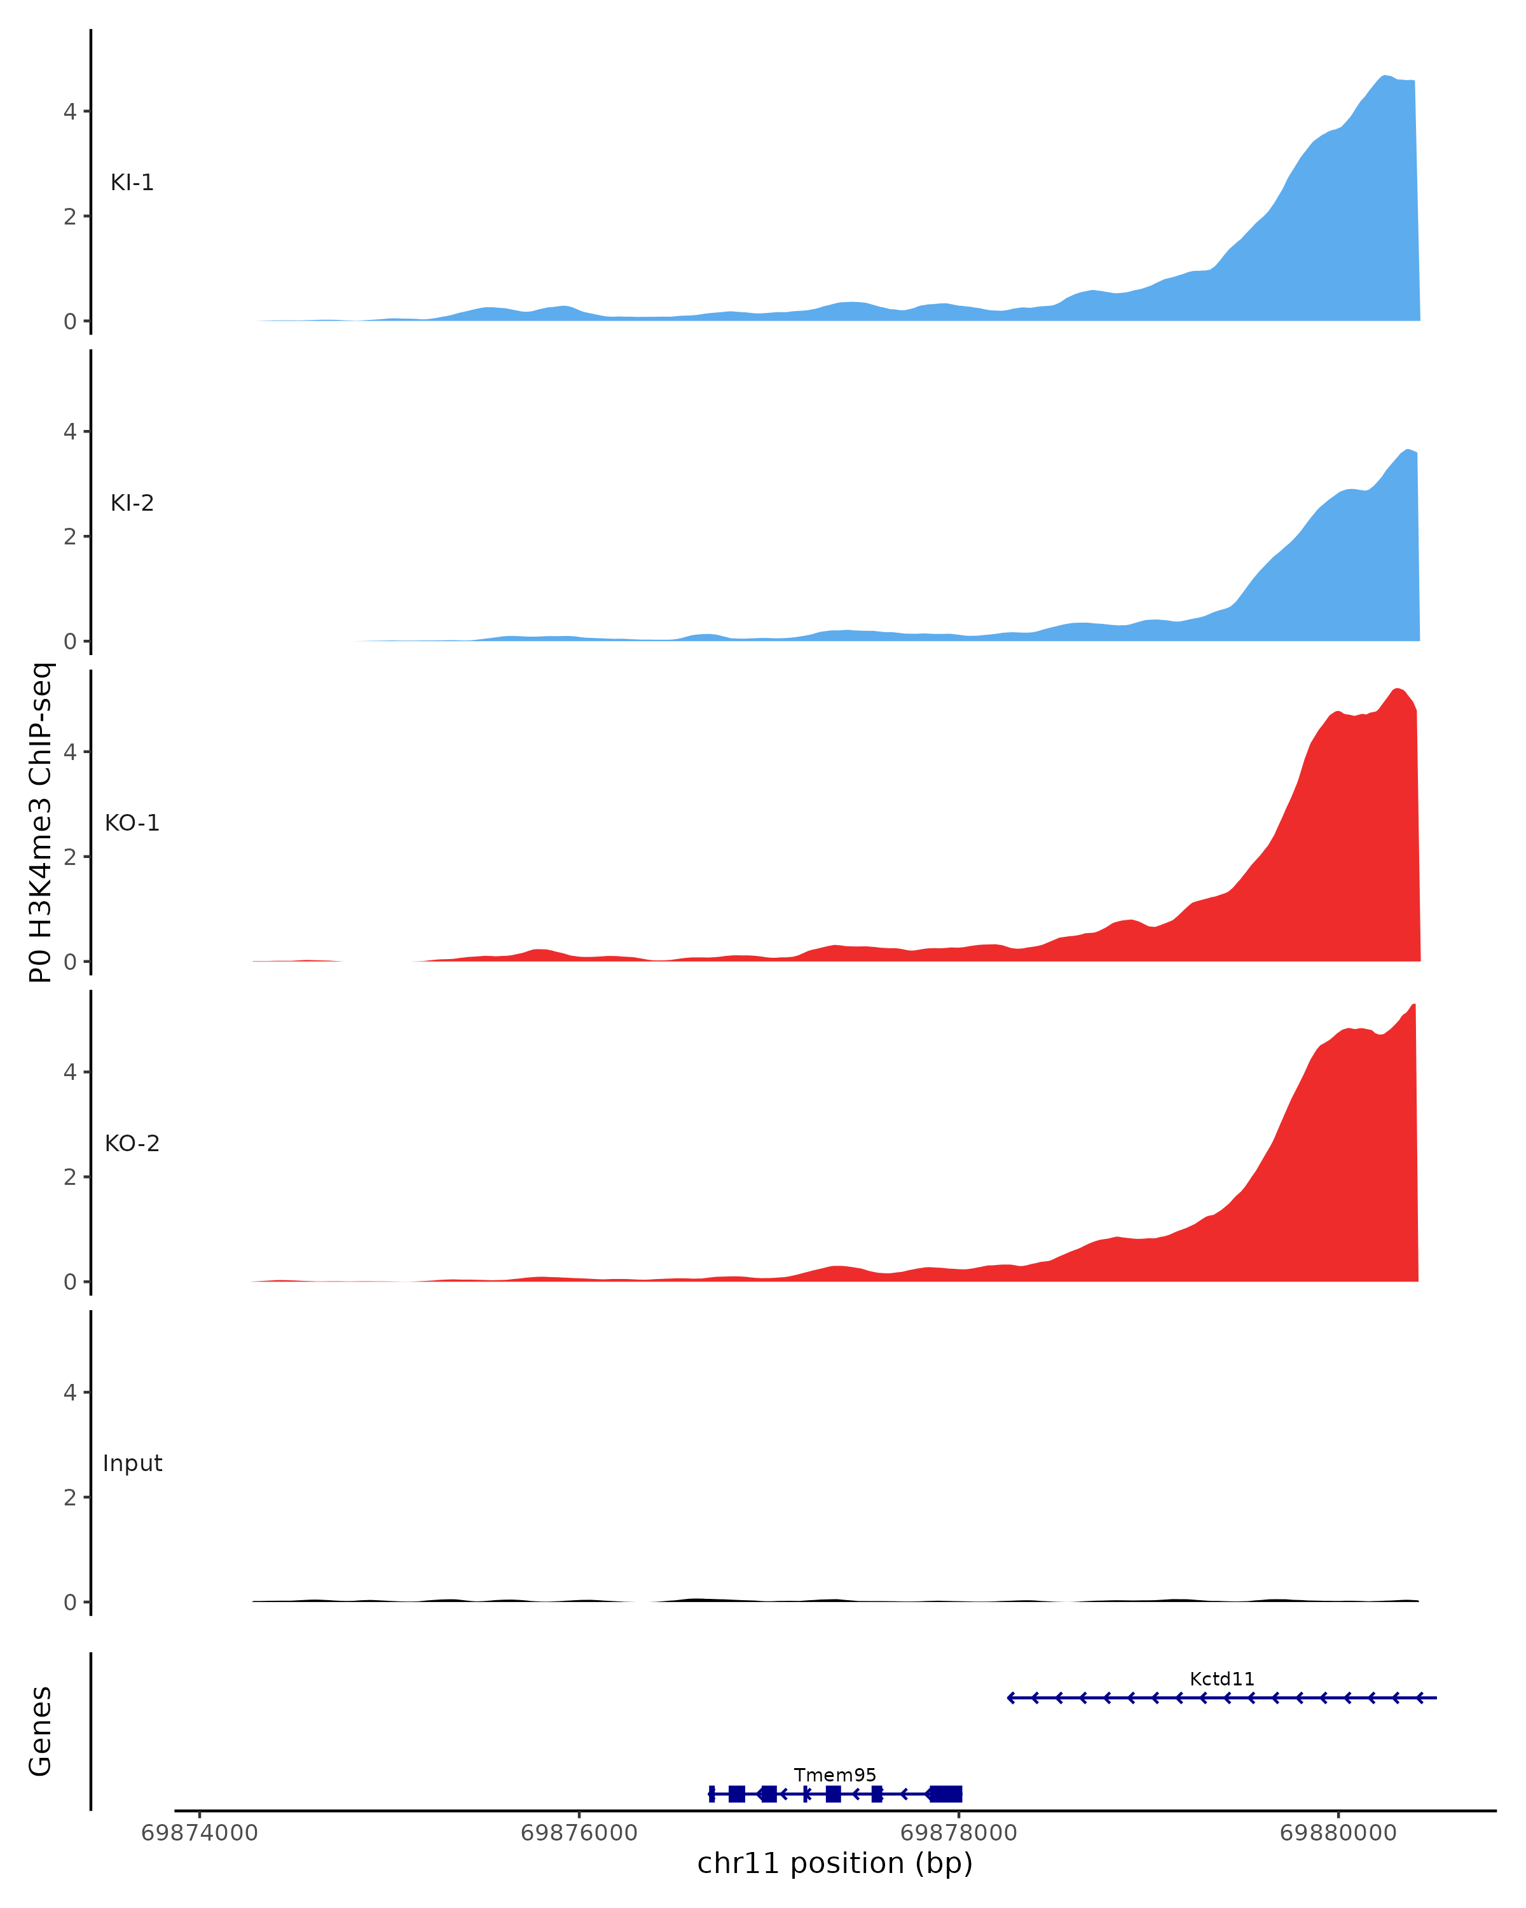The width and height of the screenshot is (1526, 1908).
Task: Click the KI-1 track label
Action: point(132,183)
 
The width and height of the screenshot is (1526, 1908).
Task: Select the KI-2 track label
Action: point(132,504)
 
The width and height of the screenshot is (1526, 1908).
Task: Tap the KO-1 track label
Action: point(132,823)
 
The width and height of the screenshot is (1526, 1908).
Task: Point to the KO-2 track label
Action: point(132,1144)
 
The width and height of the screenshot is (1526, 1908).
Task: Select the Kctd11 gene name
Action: point(1221,1679)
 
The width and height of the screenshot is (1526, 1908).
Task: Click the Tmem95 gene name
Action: point(834,1775)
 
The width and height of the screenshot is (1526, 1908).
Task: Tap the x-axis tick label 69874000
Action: point(200,1833)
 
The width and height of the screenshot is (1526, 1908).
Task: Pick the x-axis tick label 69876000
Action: point(579,1833)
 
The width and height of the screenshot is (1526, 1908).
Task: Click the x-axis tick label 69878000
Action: point(958,1833)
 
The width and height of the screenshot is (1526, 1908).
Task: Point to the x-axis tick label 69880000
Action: point(1338,1833)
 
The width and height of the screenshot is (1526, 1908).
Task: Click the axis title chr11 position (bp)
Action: point(834,1863)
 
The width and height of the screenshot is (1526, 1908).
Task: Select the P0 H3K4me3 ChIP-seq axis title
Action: point(41,823)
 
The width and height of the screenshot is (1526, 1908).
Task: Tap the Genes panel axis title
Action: point(41,1731)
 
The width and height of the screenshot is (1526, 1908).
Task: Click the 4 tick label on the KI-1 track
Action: point(70,111)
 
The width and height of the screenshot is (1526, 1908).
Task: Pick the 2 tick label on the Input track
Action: point(70,1497)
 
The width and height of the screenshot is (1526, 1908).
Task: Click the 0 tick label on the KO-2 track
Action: point(70,1282)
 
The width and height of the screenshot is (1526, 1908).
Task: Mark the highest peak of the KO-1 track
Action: point(1397,689)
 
